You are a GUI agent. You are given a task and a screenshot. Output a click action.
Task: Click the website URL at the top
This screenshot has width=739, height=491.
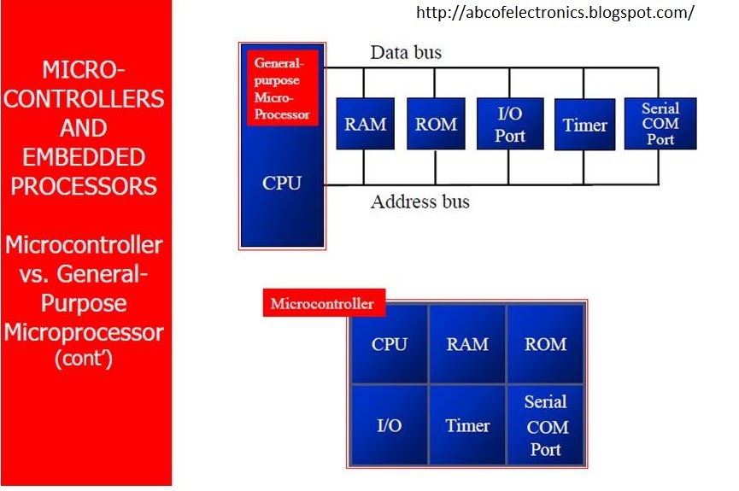(555, 13)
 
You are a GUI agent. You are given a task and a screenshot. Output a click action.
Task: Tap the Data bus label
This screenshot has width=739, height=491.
(406, 53)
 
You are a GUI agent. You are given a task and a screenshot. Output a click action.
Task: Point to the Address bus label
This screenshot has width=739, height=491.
(419, 202)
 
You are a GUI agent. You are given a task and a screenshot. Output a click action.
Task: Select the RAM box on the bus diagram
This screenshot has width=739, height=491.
(366, 124)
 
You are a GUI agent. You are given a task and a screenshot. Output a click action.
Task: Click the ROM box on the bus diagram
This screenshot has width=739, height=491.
(436, 124)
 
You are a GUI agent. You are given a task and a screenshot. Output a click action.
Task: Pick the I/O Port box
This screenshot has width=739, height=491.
(510, 124)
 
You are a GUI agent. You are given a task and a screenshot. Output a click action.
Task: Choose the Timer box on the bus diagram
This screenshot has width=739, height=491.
(585, 125)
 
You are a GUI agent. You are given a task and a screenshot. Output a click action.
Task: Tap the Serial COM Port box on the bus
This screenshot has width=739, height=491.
(660, 124)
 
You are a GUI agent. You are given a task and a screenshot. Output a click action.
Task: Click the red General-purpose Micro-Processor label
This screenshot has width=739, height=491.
(282, 87)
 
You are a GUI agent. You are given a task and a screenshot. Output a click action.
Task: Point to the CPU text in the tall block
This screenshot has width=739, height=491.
(282, 183)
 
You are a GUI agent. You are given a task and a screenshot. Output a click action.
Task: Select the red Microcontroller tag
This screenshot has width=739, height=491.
(323, 303)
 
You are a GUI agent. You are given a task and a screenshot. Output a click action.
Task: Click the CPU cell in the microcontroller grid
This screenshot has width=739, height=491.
(390, 345)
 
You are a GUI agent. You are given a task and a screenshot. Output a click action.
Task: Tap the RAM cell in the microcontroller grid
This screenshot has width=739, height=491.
(467, 345)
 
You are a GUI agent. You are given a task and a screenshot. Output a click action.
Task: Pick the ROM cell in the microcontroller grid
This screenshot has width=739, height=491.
(545, 345)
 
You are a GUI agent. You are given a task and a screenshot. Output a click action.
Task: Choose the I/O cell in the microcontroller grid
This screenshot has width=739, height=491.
(390, 425)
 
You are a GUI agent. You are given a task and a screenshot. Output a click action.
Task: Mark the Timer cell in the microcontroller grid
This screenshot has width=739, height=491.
(467, 425)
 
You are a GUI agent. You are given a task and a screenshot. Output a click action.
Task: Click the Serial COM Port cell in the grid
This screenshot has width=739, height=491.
(545, 424)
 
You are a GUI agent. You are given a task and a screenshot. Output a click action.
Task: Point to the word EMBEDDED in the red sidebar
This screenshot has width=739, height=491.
(83, 157)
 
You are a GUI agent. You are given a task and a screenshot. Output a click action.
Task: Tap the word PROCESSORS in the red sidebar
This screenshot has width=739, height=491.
(83, 186)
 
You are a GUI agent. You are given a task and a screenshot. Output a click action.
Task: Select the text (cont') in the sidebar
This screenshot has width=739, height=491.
(83, 359)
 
